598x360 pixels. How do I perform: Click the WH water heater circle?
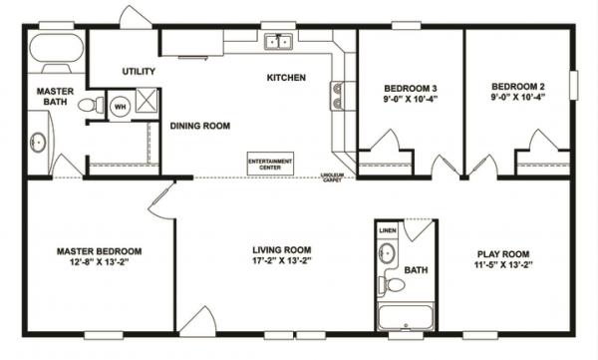click(x=120, y=106)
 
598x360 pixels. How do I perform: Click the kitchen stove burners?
click(x=337, y=95)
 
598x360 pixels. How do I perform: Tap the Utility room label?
click(x=138, y=72)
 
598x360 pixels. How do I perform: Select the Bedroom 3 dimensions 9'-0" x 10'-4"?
click(x=411, y=101)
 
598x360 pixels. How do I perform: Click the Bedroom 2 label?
click(x=514, y=88)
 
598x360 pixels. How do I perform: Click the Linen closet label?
click(x=388, y=232)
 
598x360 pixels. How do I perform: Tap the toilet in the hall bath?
click(x=395, y=285)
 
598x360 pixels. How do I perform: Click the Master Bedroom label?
click(x=98, y=250)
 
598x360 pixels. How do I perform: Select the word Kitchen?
click(x=285, y=78)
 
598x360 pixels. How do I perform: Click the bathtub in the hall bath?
click(x=405, y=319)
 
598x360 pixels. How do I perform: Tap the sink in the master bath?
click(x=38, y=143)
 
